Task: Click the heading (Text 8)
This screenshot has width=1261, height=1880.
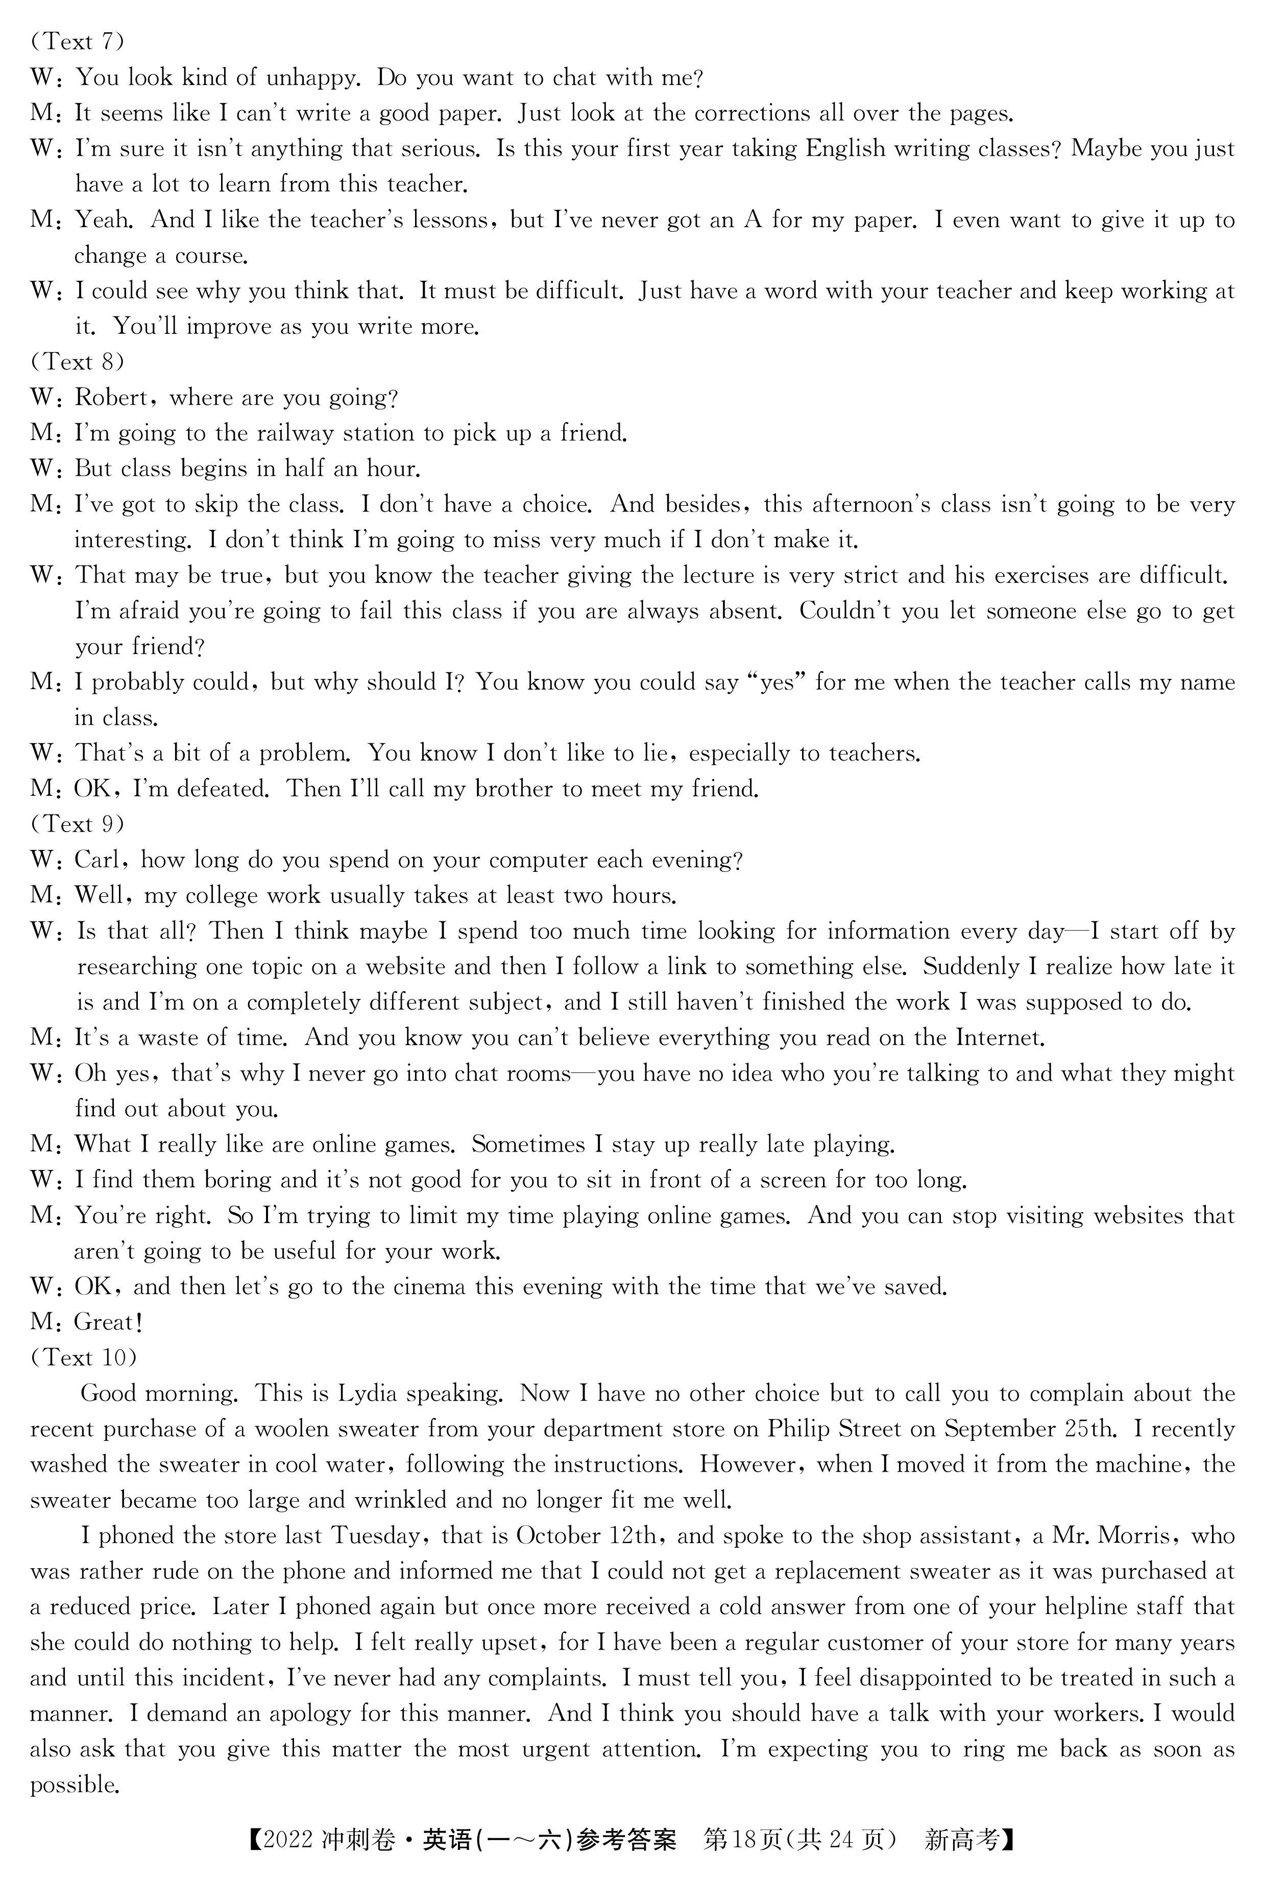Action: (x=77, y=362)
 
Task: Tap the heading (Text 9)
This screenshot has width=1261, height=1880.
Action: (x=77, y=824)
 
